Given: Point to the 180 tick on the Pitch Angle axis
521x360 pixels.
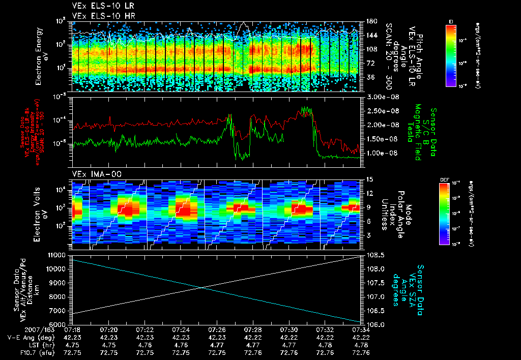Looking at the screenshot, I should (x=370, y=21).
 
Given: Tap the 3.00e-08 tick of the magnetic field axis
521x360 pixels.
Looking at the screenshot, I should (x=381, y=97).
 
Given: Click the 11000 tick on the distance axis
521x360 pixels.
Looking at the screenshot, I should (x=57, y=255).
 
